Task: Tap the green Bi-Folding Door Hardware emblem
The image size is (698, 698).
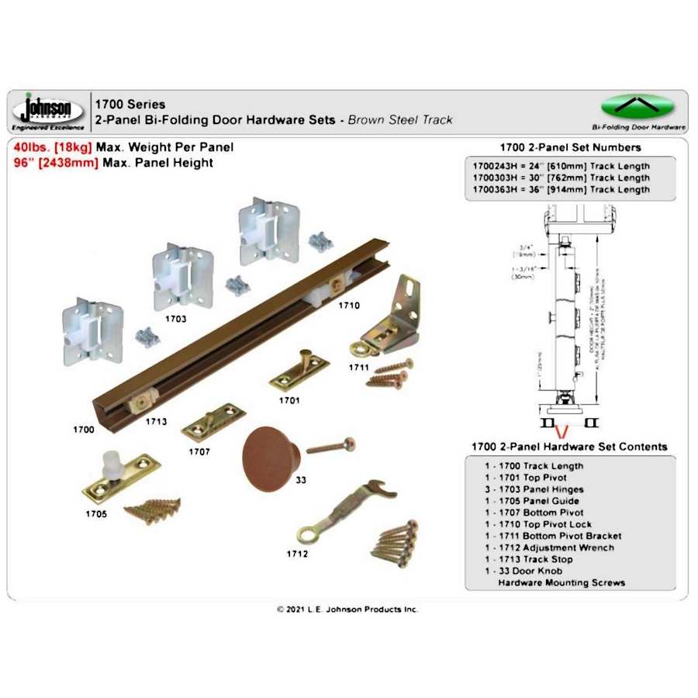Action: click(x=638, y=106)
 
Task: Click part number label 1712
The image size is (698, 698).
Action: click(x=297, y=554)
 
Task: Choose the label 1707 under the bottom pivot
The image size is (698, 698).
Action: click(x=199, y=451)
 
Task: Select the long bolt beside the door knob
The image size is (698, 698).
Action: click(x=331, y=446)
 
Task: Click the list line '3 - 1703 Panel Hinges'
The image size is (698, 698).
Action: click(x=535, y=489)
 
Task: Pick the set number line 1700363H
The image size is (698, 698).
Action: click(x=562, y=189)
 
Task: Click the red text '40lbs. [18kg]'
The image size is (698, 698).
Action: click(x=53, y=147)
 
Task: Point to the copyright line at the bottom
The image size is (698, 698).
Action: click(x=347, y=610)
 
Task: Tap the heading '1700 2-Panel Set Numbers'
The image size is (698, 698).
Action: click(x=570, y=147)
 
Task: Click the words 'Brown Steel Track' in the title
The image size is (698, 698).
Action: click(x=400, y=120)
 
